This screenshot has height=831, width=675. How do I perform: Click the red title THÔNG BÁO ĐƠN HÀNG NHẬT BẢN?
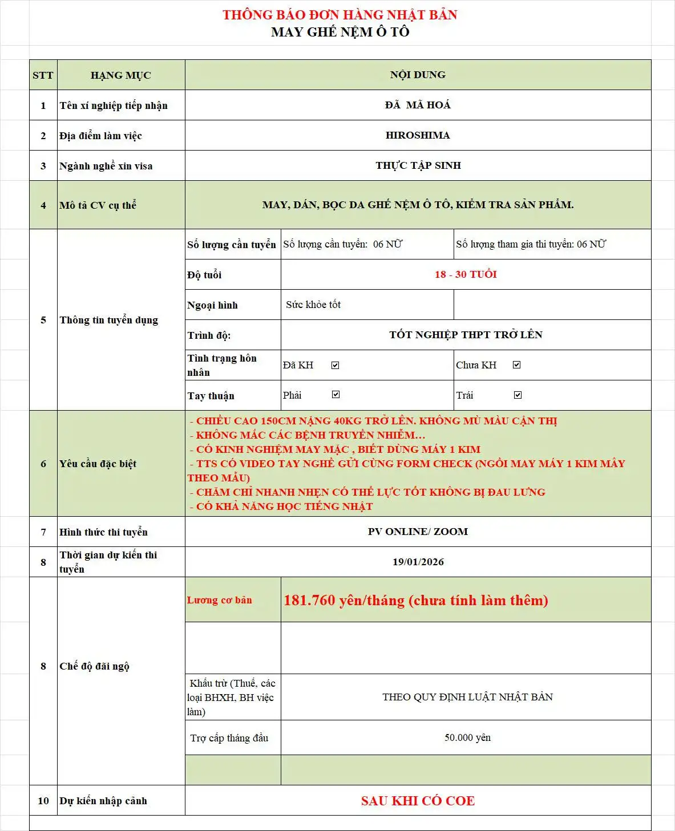(339, 15)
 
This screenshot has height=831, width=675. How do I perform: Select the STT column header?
(43, 75)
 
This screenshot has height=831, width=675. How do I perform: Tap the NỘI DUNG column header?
(418, 75)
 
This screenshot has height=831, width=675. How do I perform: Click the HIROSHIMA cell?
(418, 135)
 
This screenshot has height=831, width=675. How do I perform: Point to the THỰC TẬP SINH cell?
(418, 165)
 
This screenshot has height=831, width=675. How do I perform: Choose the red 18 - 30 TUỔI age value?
(466, 274)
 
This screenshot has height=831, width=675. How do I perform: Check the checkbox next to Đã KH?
(336, 365)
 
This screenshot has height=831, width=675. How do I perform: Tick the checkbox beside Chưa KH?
(517, 365)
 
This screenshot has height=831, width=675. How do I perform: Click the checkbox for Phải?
(336, 395)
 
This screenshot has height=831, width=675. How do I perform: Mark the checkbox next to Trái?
(518, 395)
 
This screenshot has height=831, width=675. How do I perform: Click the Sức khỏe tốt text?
(313, 305)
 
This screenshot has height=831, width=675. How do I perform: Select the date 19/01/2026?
(418, 562)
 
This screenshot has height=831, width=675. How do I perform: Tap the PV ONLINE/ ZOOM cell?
(418, 532)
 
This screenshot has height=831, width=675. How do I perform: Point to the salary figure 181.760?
(309, 601)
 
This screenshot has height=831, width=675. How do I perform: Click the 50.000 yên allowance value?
(467, 737)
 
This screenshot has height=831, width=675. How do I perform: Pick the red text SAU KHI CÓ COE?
(418, 801)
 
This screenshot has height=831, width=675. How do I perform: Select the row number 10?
(43, 801)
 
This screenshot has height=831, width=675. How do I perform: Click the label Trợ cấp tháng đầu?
(229, 738)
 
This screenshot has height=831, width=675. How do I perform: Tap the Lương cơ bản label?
(220, 600)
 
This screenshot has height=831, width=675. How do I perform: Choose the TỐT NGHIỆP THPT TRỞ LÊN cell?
(466, 335)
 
